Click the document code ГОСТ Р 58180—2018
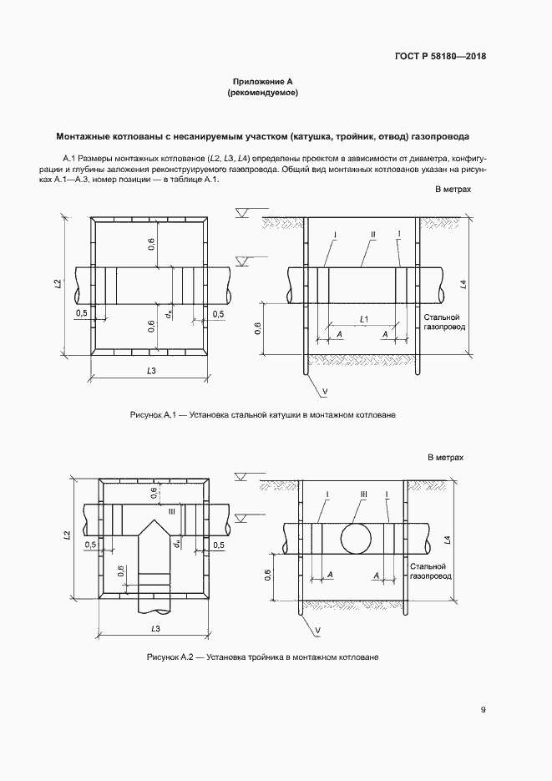coord(440,57)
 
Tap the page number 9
coord(484,710)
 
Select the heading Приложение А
coord(262,82)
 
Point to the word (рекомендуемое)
coord(262,94)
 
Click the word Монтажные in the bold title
coord(87,135)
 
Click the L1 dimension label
coord(365,320)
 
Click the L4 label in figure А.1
coord(463,285)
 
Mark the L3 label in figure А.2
coord(154,627)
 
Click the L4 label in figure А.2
coord(449,540)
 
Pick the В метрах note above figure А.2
coord(446,459)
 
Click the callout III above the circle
coord(364,494)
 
